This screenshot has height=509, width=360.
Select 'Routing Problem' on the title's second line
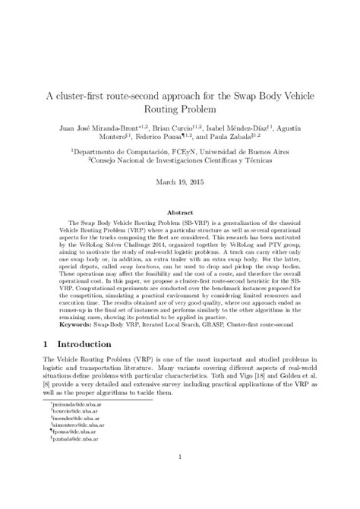click(180, 114)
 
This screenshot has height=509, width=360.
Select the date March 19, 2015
click(180, 182)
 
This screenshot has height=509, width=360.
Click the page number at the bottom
click(180, 477)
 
